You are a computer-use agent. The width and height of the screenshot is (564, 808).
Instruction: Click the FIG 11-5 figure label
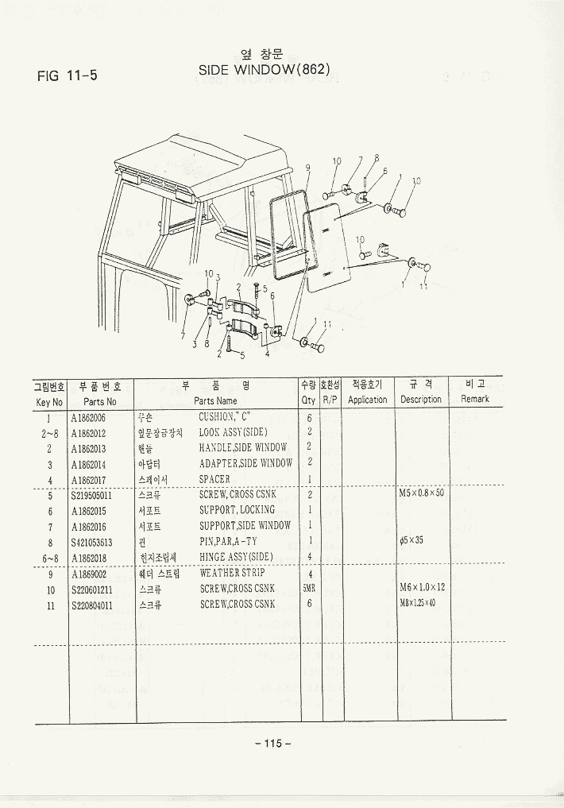[x=68, y=76]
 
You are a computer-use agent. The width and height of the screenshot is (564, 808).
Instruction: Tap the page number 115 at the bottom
[x=273, y=744]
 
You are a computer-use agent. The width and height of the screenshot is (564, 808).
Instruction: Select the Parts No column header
[x=99, y=401]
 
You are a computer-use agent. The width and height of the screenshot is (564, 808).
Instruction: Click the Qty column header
[x=308, y=400]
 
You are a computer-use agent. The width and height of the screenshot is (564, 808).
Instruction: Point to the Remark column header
[x=475, y=399]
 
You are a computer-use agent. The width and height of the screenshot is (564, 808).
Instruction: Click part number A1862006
[x=88, y=417]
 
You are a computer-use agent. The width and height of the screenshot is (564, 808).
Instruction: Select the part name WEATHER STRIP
[x=232, y=572]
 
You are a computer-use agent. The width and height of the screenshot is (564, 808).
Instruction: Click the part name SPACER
[x=214, y=479]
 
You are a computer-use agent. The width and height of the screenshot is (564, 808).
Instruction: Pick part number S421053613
[x=91, y=542]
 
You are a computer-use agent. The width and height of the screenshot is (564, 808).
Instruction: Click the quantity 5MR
[x=309, y=589]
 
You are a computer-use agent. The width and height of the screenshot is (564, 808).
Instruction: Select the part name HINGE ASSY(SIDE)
[x=236, y=557]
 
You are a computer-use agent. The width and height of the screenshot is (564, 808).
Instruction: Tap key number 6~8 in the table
[x=49, y=558]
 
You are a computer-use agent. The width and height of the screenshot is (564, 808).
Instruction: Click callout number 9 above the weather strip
[x=307, y=168]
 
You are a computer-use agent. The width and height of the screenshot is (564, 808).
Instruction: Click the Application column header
[x=368, y=400]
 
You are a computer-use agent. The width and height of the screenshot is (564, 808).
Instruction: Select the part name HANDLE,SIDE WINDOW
[x=242, y=448]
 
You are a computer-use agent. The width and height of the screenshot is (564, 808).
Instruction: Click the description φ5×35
[x=413, y=541]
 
